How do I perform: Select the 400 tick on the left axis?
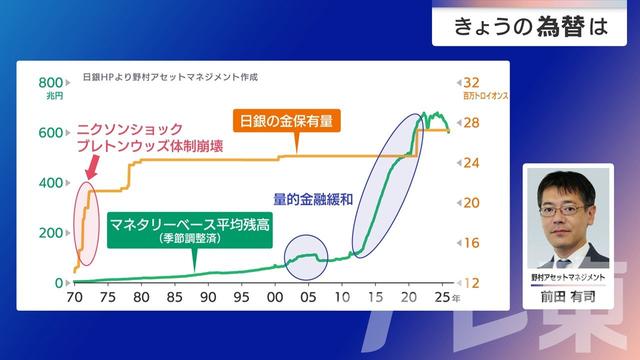click(51, 183)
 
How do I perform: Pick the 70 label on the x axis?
click(74, 298)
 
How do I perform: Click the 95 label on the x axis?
click(241, 298)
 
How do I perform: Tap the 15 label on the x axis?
click(375, 298)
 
